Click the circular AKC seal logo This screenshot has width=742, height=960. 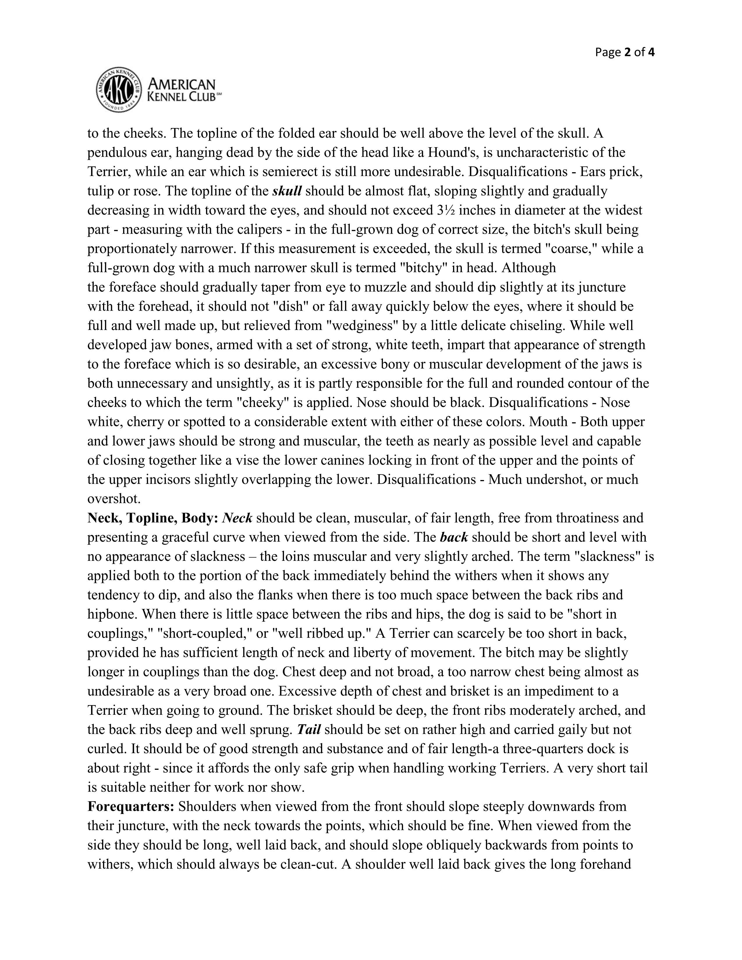click(x=119, y=90)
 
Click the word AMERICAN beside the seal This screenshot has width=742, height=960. click(x=182, y=84)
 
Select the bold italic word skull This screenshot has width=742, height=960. click(x=287, y=191)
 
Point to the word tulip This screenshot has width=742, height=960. click(x=100, y=191)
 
